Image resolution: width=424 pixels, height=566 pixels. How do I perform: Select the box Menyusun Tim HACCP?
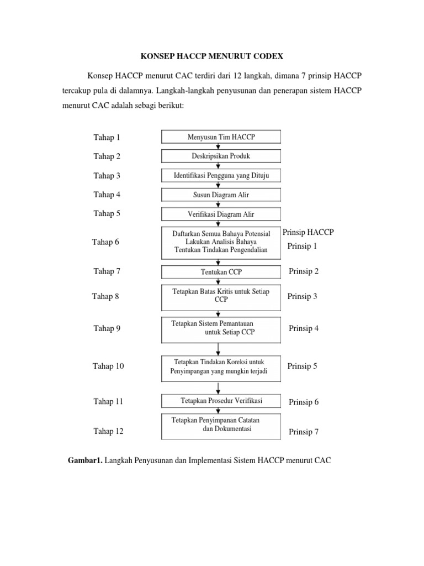(221, 137)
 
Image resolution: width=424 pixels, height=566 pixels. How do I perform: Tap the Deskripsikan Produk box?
(221, 156)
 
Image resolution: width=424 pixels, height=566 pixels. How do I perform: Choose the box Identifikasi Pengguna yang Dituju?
(221, 175)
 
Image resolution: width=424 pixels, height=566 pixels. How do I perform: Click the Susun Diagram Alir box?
(221, 195)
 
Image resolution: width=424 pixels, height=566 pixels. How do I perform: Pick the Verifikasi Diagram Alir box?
(221, 214)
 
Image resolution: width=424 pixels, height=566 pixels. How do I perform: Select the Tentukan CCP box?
(221, 271)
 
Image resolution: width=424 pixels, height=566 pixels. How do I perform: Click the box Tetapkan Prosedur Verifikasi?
(221, 400)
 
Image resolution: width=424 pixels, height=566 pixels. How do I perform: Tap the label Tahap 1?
(107, 137)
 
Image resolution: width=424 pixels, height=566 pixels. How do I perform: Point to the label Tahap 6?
(106, 242)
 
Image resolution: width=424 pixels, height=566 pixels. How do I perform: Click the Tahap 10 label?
(109, 366)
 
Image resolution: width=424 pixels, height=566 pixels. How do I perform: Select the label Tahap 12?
(109, 431)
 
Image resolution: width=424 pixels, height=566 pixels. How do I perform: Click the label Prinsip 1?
(303, 247)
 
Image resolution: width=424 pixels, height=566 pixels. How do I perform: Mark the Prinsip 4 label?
(304, 328)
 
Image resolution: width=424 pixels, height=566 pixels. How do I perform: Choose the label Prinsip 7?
(304, 432)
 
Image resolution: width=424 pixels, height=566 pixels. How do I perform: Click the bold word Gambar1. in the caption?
(84, 459)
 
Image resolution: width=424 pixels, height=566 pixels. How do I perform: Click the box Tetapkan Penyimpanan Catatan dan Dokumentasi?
(221, 425)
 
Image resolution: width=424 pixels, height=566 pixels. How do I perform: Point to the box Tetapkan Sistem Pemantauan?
(221, 328)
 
